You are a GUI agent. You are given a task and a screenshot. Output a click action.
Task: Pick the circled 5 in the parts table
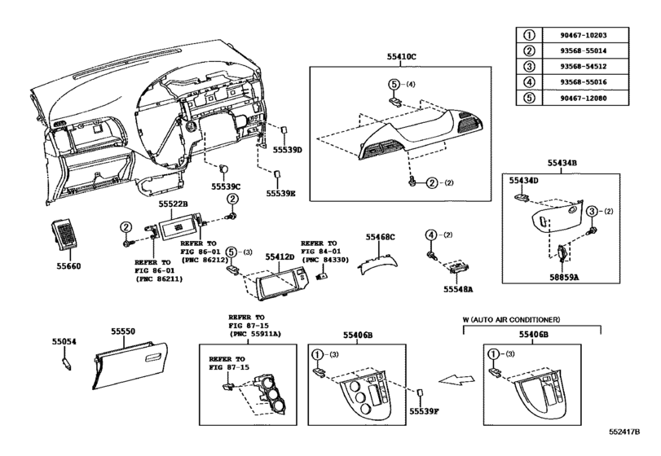point(527,98)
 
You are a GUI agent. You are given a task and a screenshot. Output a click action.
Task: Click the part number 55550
point(124,332)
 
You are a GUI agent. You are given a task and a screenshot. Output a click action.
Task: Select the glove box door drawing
point(129,359)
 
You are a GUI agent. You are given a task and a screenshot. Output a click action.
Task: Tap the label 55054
point(64,343)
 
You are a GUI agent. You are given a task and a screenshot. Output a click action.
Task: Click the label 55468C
point(380,237)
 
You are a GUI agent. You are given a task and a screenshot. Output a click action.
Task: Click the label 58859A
point(562,276)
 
